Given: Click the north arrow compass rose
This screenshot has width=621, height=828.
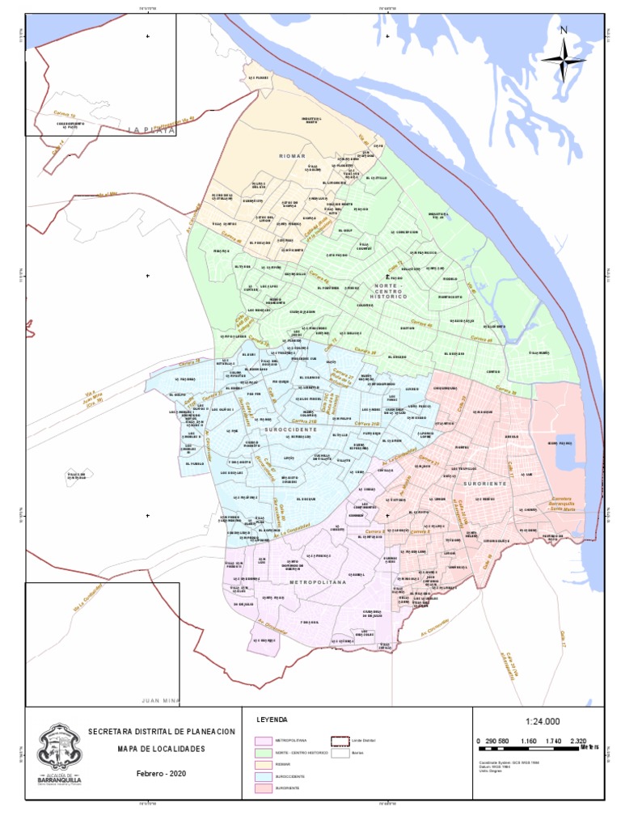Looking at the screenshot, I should [x=564, y=58].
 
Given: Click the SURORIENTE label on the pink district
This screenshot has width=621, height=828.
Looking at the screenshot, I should [x=485, y=483].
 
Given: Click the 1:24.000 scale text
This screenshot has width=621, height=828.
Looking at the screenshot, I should [x=542, y=722].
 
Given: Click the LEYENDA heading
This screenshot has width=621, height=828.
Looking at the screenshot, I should [x=272, y=720].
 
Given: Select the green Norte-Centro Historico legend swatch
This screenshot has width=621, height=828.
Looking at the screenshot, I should [x=263, y=752].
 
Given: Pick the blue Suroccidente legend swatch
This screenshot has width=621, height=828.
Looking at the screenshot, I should [x=263, y=775].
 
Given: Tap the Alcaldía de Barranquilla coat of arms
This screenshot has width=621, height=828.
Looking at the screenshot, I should [x=60, y=748].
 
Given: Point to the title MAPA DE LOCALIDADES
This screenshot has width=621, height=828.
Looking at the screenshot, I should [x=162, y=750].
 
